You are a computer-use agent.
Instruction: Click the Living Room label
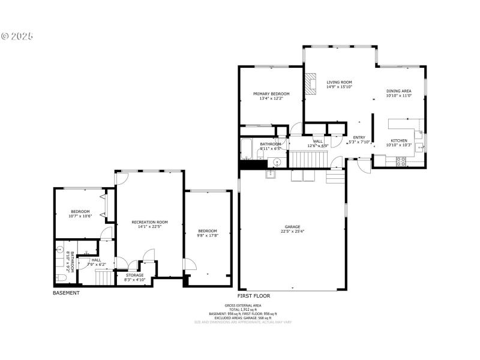point(339,82)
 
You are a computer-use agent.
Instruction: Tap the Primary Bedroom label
point(271,94)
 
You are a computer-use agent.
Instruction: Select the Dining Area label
point(398,91)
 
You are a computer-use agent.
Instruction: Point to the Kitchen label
point(399,141)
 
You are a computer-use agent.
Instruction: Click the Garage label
point(292,227)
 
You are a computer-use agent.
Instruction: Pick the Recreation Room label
point(149,222)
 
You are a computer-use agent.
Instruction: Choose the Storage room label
point(134,275)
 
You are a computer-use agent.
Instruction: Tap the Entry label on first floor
point(359,137)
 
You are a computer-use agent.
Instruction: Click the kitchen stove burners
point(400,160)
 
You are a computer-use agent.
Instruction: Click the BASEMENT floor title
point(66,293)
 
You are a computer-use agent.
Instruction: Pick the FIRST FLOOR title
point(254,296)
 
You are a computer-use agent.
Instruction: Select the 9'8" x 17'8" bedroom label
point(208,231)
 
